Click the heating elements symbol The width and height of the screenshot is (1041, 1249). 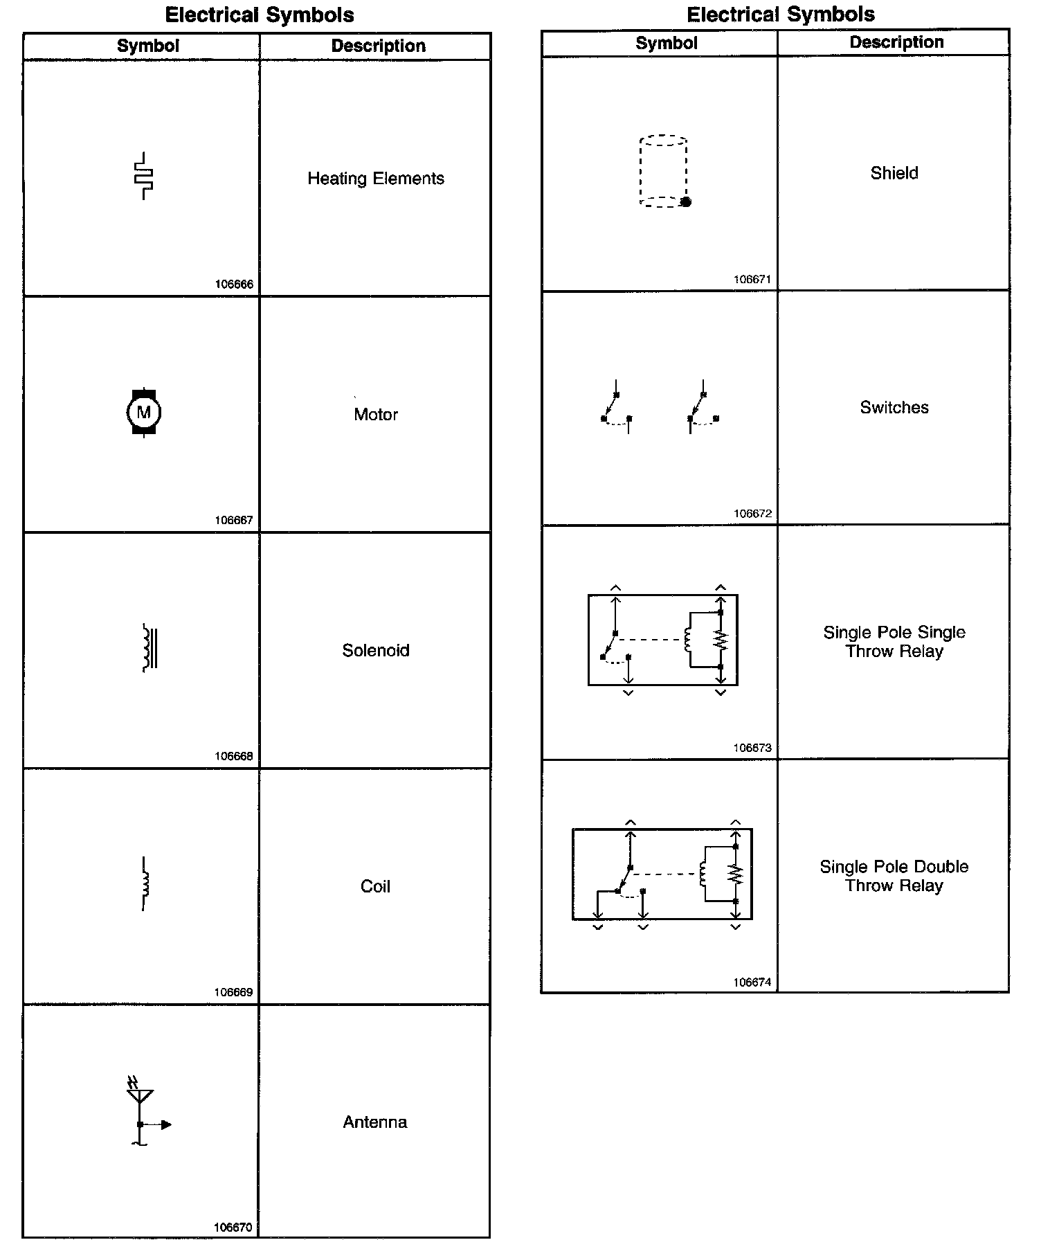tap(144, 176)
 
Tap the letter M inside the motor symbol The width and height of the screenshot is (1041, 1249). tap(144, 413)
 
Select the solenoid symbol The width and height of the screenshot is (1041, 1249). tap(150, 648)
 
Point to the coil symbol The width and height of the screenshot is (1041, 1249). tap(145, 883)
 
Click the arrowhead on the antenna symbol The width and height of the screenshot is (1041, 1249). tap(166, 1124)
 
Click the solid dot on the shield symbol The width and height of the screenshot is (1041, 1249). tap(686, 202)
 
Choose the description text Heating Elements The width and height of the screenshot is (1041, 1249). tap(376, 179)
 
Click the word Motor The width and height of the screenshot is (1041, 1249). tap(376, 415)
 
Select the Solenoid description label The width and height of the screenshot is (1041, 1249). tap(376, 651)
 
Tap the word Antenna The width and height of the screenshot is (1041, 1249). tap(375, 1122)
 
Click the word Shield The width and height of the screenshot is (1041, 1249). tap(894, 173)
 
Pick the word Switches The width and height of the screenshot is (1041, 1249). tap(894, 408)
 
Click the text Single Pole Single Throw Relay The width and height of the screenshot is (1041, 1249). tap(894, 642)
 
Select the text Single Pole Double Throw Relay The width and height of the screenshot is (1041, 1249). tap(894, 876)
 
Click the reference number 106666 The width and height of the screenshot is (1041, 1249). tap(234, 285)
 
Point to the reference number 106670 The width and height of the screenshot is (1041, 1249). tap(233, 1228)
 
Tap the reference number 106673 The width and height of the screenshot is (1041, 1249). tap(752, 748)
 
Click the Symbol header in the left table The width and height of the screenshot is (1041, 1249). tap(148, 46)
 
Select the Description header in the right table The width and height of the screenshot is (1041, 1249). tap(896, 42)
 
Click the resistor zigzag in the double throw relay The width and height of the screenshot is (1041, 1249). tap(735, 874)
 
